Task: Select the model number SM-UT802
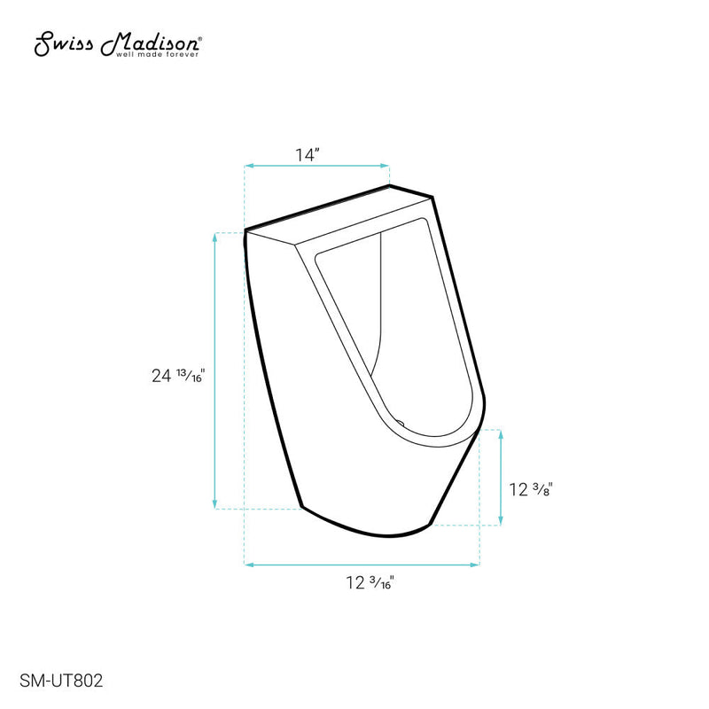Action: coord(60,681)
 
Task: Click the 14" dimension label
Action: coord(307,154)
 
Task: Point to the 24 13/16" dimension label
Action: coord(178,375)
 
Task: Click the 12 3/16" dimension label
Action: coord(370,582)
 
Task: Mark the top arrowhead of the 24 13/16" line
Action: coord(215,237)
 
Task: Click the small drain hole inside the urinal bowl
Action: coord(401,424)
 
